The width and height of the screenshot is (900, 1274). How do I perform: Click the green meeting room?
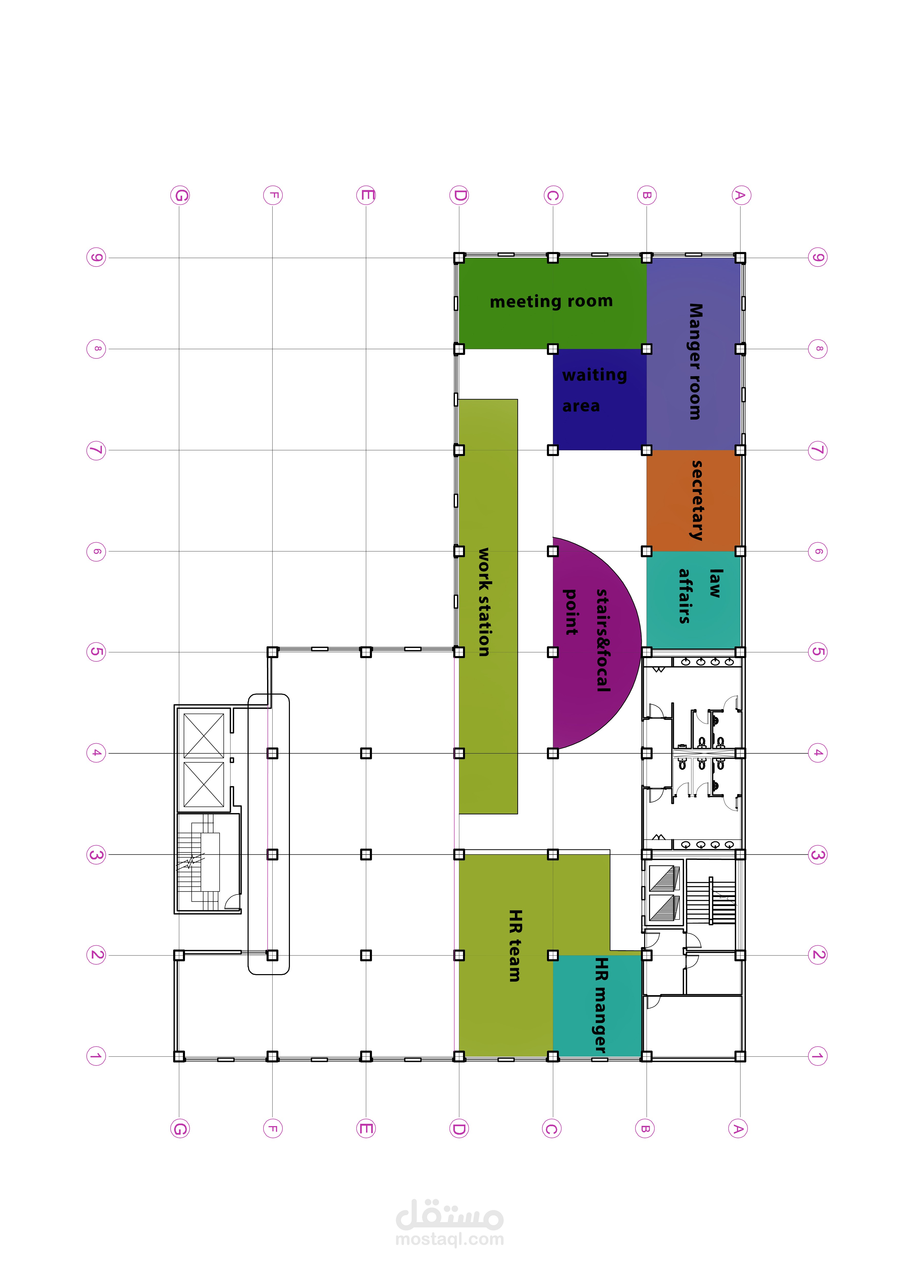[x=552, y=303]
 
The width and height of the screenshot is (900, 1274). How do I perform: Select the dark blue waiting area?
[x=600, y=400]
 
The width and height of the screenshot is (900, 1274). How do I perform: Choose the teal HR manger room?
[x=597, y=1005]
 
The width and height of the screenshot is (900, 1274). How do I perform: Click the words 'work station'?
[x=484, y=602]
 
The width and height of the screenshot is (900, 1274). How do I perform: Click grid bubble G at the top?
[x=180, y=195]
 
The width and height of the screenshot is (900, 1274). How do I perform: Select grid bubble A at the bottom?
[x=738, y=1129]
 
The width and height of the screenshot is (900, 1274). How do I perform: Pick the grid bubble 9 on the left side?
[x=96, y=258]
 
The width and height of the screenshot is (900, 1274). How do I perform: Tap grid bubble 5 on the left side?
[x=96, y=652]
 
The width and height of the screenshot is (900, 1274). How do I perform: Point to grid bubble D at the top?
[x=459, y=195]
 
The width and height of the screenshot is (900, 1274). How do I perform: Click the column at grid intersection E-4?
[x=366, y=753]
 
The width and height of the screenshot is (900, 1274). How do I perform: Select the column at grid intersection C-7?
[x=553, y=450]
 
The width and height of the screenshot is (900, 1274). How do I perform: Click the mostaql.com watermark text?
[x=450, y=1239]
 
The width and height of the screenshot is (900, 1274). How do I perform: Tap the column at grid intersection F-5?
[x=272, y=652]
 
